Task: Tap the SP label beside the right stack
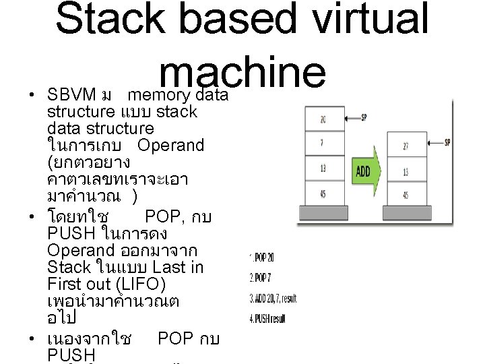450,142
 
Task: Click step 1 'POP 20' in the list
263,257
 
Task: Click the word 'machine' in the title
243,68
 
